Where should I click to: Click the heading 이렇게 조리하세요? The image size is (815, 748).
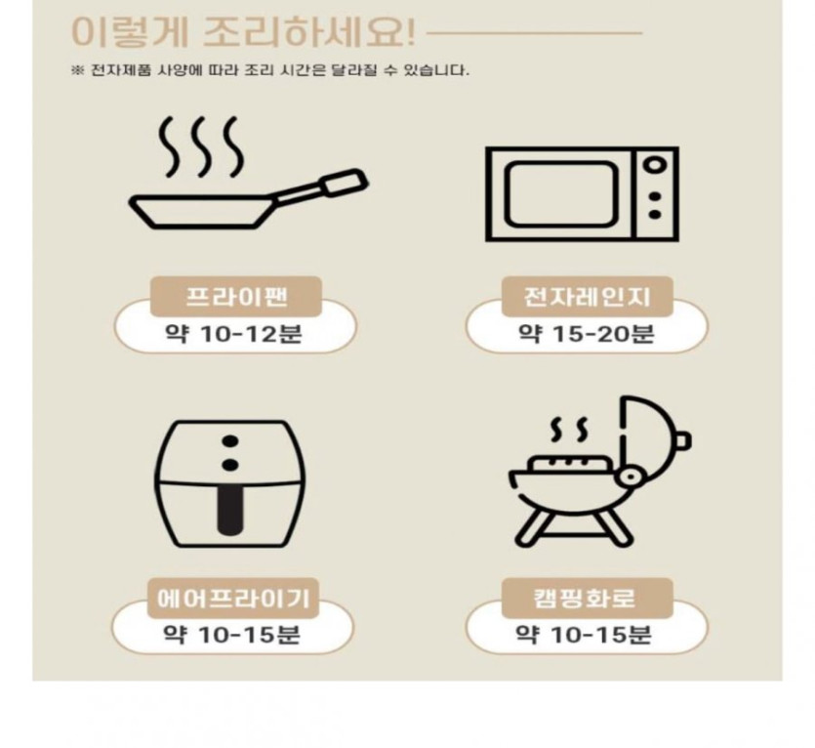[243, 32]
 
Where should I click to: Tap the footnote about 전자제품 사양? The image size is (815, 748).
[269, 70]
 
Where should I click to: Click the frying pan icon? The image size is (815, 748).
[249, 173]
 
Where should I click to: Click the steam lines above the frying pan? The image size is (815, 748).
[201, 146]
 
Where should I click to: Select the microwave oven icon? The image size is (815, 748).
[582, 194]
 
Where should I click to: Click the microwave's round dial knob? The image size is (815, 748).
[655, 165]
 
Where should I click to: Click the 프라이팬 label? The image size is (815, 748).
[236, 297]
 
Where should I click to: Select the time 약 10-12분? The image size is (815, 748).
[233, 333]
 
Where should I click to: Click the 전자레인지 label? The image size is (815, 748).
[587, 297]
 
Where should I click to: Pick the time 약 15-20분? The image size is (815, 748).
[586, 333]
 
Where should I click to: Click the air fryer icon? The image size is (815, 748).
[229, 483]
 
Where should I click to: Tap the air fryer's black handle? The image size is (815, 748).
[229, 510]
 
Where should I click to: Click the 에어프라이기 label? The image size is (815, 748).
[233, 599]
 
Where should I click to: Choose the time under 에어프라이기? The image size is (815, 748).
[232, 635]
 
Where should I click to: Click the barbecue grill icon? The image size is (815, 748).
[600, 472]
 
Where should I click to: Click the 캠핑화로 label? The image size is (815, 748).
[587, 599]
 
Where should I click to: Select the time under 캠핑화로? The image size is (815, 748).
[583, 635]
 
